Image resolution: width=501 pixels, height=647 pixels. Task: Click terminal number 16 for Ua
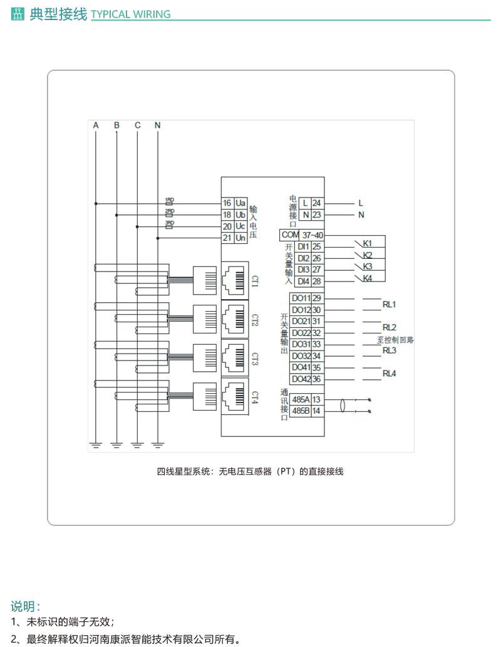[227, 203]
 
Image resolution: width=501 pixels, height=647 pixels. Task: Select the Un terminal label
[240, 238]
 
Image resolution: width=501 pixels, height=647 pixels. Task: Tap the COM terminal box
[291, 234]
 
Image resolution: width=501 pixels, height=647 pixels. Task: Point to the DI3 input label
[303, 270]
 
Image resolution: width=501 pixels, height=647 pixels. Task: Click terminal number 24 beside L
[317, 203]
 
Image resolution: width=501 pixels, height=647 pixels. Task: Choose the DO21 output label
[301, 321]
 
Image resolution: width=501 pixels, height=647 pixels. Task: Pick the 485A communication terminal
[301, 399]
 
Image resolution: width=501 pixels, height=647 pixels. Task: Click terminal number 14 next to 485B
[317, 411]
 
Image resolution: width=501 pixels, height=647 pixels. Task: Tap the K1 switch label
[368, 243]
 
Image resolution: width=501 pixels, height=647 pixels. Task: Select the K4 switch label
[368, 278]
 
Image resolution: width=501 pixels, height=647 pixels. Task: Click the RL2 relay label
[390, 327]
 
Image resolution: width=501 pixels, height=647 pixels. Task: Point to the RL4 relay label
[390, 374]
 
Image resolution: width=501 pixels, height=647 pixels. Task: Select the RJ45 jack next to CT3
[236, 358]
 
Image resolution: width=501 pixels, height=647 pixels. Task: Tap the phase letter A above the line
[96, 125]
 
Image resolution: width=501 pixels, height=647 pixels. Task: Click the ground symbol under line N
[158, 445]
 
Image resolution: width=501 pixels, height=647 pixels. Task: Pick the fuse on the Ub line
[168, 215]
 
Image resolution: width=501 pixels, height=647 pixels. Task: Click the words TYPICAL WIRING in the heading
[131, 14]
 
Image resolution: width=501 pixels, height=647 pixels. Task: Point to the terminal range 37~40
[312, 234]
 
